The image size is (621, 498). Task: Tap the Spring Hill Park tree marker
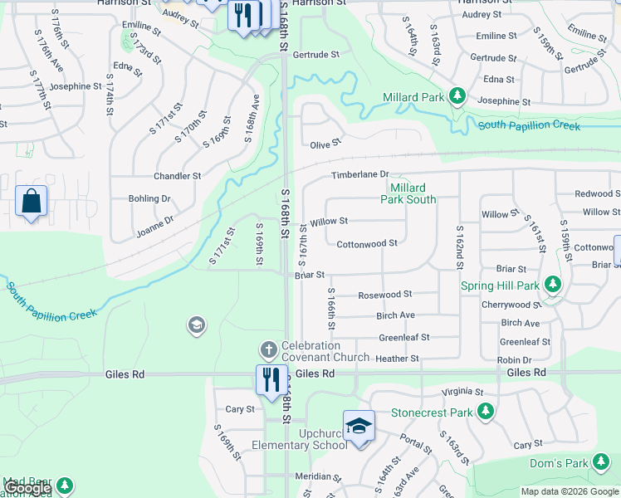click(x=553, y=286)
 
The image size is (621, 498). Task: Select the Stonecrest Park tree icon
click(x=485, y=412)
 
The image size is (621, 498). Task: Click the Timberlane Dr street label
click(x=360, y=174)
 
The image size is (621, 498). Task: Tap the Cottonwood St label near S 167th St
click(x=367, y=243)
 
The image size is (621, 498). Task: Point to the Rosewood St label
click(x=384, y=295)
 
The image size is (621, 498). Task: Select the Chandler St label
click(x=177, y=176)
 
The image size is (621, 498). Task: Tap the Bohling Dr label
click(x=149, y=198)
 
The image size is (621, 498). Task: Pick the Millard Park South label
click(x=408, y=193)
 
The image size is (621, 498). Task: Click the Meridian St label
click(x=319, y=476)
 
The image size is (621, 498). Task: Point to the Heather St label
click(x=398, y=359)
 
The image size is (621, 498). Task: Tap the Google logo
click(x=27, y=488)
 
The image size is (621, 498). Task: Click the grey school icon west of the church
click(x=197, y=324)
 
